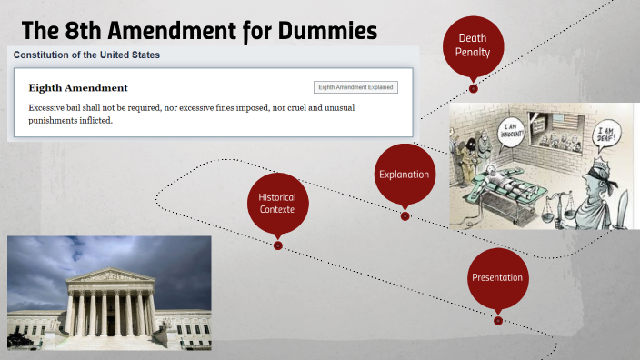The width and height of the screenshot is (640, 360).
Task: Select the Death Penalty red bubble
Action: pyautogui.click(x=473, y=45)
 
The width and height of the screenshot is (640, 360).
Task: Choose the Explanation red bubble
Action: pyautogui.click(x=404, y=174)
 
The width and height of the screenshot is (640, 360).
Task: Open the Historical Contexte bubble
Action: pyautogui.click(x=277, y=203)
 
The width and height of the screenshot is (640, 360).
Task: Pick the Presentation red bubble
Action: pyautogui.click(x=497, y=277)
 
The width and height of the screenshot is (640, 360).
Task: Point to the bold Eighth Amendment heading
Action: pyautogui.click(x=78, y=88)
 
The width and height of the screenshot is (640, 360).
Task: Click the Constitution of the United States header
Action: pyautogui.click(x=86, y=55)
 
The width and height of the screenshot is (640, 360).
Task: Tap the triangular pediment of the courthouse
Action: pyautogui.click(x=111, y=275)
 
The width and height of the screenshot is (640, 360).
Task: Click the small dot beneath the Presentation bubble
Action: pyautogui.click(x=498, y=320)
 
